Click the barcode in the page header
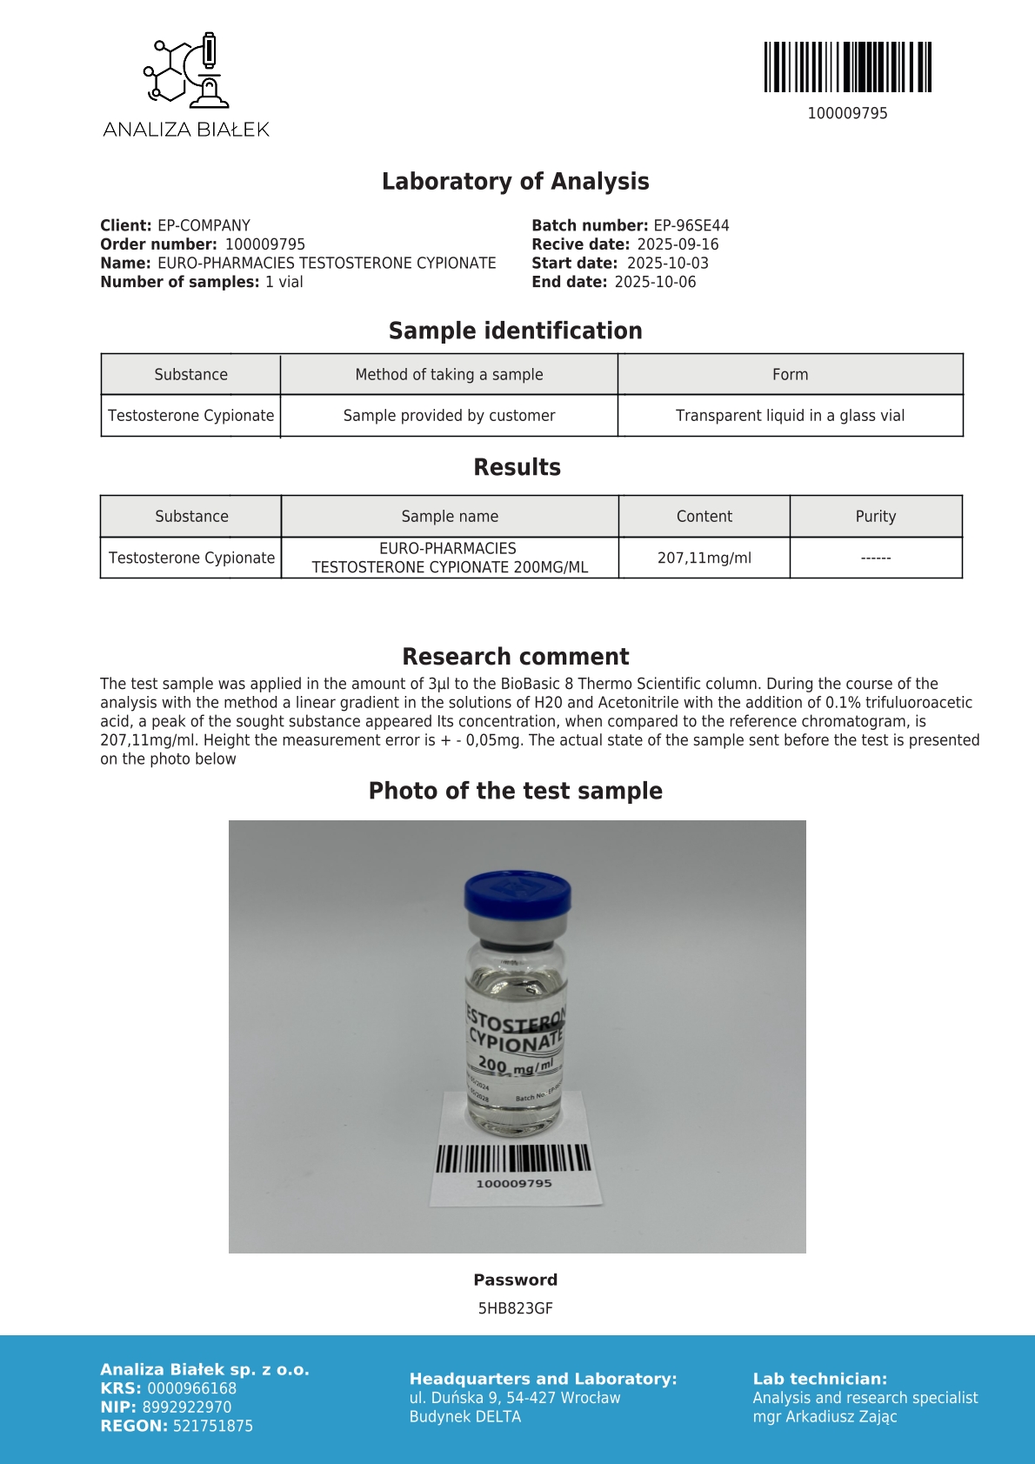pyautogui.click(x=847, y=67)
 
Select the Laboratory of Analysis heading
pyautogui.click(x=515, y=181)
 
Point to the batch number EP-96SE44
pyautogui.click(x=691, y=225)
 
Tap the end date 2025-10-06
pyautogui.click(x=655, y=282)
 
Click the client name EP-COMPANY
pyautogui.click(x=204, y=225)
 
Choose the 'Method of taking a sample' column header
pyautogui.click(x=449, y=375)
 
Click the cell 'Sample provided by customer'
pyautogui.click(x=449, y=416)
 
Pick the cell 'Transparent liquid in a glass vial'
pyautogui.click(x=790, y=416)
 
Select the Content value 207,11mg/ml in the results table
pyautogui.click(x=704, y=558)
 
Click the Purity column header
pyautogui.click(x=875, y=517)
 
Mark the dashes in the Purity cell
pyautogui.click(x=875, y=558)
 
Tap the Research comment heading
pyautogui.click(x=515, y=657)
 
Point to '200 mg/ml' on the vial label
pyautogui.click(x=515, y=1065)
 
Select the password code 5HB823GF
pyautogui.click(x=515, y=1308)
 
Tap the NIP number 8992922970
pyautogui.click(x=187, y=1407)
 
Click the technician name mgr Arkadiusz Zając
pyautogui.click(x=825, y=1417)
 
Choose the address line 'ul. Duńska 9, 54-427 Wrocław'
pyautogui.click(x=515, y=1398)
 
